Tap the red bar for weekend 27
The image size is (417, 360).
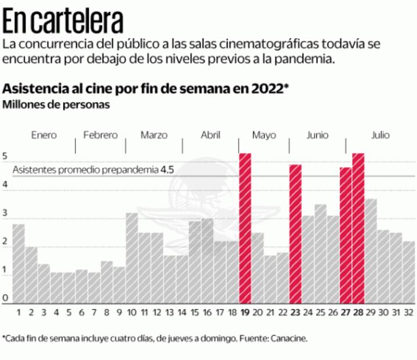click(346, 235)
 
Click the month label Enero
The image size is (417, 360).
click(44, 135)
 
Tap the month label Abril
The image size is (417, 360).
click(210, 135)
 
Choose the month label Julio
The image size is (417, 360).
click(380, 135)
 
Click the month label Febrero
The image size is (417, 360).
click(100, 135)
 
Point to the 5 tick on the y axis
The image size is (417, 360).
click(5, 157)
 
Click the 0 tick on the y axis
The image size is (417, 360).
click(5, 298)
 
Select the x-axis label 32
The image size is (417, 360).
click(408, 313)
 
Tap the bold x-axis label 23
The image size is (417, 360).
click(295, 313)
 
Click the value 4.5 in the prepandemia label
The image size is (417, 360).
click(168, 170)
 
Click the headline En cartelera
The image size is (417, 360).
click(63, 21)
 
